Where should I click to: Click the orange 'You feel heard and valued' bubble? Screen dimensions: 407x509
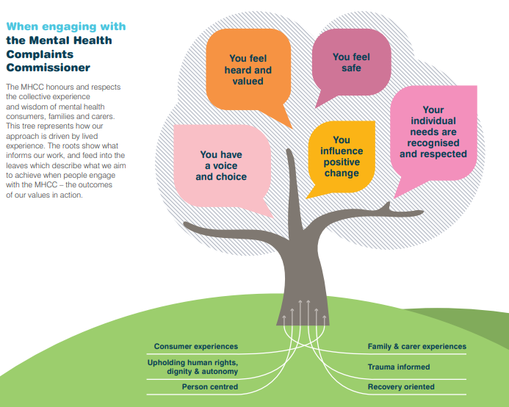point(248,70)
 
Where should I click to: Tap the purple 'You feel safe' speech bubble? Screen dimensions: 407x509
point(351,62)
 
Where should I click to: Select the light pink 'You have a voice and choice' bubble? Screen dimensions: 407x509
point(221,166)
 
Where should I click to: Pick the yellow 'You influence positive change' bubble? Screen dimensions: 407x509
point(341,156)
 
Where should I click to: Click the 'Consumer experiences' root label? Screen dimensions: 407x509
point(195,346)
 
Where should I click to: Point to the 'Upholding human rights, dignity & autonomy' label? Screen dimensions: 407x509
point(192,367)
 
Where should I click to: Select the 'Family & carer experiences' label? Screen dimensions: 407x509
point(416,346)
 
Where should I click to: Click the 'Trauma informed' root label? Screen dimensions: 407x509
point(399,367)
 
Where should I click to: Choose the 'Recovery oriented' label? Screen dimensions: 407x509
point(401,386)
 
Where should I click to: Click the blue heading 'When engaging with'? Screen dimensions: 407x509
point(66,26)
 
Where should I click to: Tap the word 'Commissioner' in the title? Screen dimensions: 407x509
point(48,68)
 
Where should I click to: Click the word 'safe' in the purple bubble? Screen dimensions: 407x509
point(351,68)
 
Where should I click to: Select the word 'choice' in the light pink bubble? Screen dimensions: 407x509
point(232,177)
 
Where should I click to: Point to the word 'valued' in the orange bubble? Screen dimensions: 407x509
point(248,82)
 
